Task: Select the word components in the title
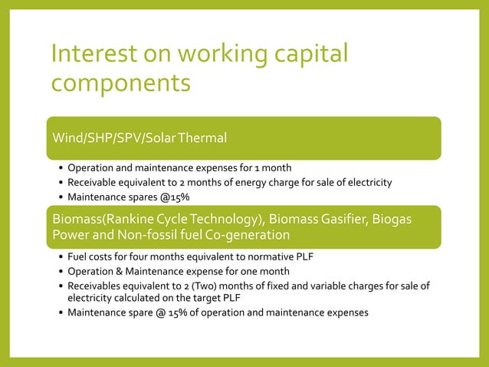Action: pyautogui.click(x=120, y=81)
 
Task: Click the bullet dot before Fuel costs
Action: pyautogui.click(x=60, y=256)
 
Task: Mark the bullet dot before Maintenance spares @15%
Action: pyautogui.click(x=60, y=197)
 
